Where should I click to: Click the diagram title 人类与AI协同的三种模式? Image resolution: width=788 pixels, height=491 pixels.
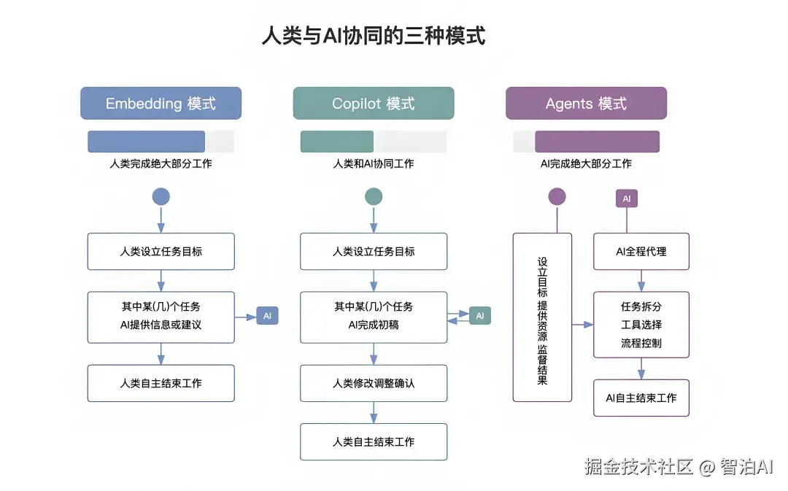[373, 36]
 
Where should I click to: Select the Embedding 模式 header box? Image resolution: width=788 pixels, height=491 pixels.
[161, 103]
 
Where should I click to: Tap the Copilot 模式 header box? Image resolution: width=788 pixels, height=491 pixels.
[373, 103]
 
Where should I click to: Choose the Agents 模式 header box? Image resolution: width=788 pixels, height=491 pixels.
[586, 103]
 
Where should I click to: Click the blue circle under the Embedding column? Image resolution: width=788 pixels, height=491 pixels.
[161, 196]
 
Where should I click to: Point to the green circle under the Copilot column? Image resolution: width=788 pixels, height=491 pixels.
[373, 196]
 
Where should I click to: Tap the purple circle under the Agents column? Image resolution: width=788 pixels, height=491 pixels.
[557, 196]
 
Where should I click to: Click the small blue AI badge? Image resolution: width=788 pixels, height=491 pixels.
[267, 316]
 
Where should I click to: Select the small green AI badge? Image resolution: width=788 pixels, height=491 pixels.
[479, 316]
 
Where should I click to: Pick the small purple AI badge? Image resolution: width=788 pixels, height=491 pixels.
[626, 198]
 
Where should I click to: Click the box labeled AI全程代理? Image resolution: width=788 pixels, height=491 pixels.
[641, 252]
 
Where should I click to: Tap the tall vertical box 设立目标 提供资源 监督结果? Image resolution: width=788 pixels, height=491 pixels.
[542, 317]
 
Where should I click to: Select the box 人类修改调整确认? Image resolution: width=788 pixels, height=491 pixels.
[374, 383]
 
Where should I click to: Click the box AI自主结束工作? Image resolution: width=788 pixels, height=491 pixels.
[641, 398]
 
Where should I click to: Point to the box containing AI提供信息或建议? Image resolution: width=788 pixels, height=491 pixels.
[161, 317]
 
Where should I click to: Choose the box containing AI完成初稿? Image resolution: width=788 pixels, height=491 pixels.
[374, 317]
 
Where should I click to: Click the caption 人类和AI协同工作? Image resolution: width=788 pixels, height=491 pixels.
[373, 164]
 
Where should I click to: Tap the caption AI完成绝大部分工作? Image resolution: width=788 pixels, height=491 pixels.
[586, 164]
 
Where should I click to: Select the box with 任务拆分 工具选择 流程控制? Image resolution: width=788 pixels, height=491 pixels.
[641, 325]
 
